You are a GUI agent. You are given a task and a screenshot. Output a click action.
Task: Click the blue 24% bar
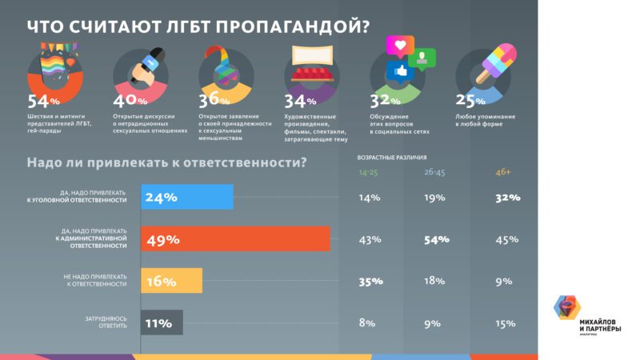pyautogui.click(x=186, y=198)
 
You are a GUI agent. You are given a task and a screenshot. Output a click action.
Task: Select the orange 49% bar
pyautogui.click(x=235, y=239)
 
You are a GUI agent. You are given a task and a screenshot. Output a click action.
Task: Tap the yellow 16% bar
pyautogui.click(x=171, y=281)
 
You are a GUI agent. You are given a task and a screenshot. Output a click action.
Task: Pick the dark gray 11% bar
pyautogui.click(x=162, y=323)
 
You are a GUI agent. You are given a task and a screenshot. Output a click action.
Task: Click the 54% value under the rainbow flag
pyautogui.click(x=44, y=102)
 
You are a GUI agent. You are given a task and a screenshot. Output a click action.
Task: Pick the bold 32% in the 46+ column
pyautogui.click(x=507, y=198)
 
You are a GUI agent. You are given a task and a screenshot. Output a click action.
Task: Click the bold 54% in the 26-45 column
pyautogui.click(x=438, y=239)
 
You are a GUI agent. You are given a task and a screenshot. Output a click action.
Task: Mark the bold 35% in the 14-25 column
pyautogui.click(x=371, y=281)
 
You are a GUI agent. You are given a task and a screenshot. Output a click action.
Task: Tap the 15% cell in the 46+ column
pyautogui.click(x=506, y=323)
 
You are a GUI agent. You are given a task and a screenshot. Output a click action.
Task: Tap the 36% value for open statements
pyautogui.click(x=214, y=102)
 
